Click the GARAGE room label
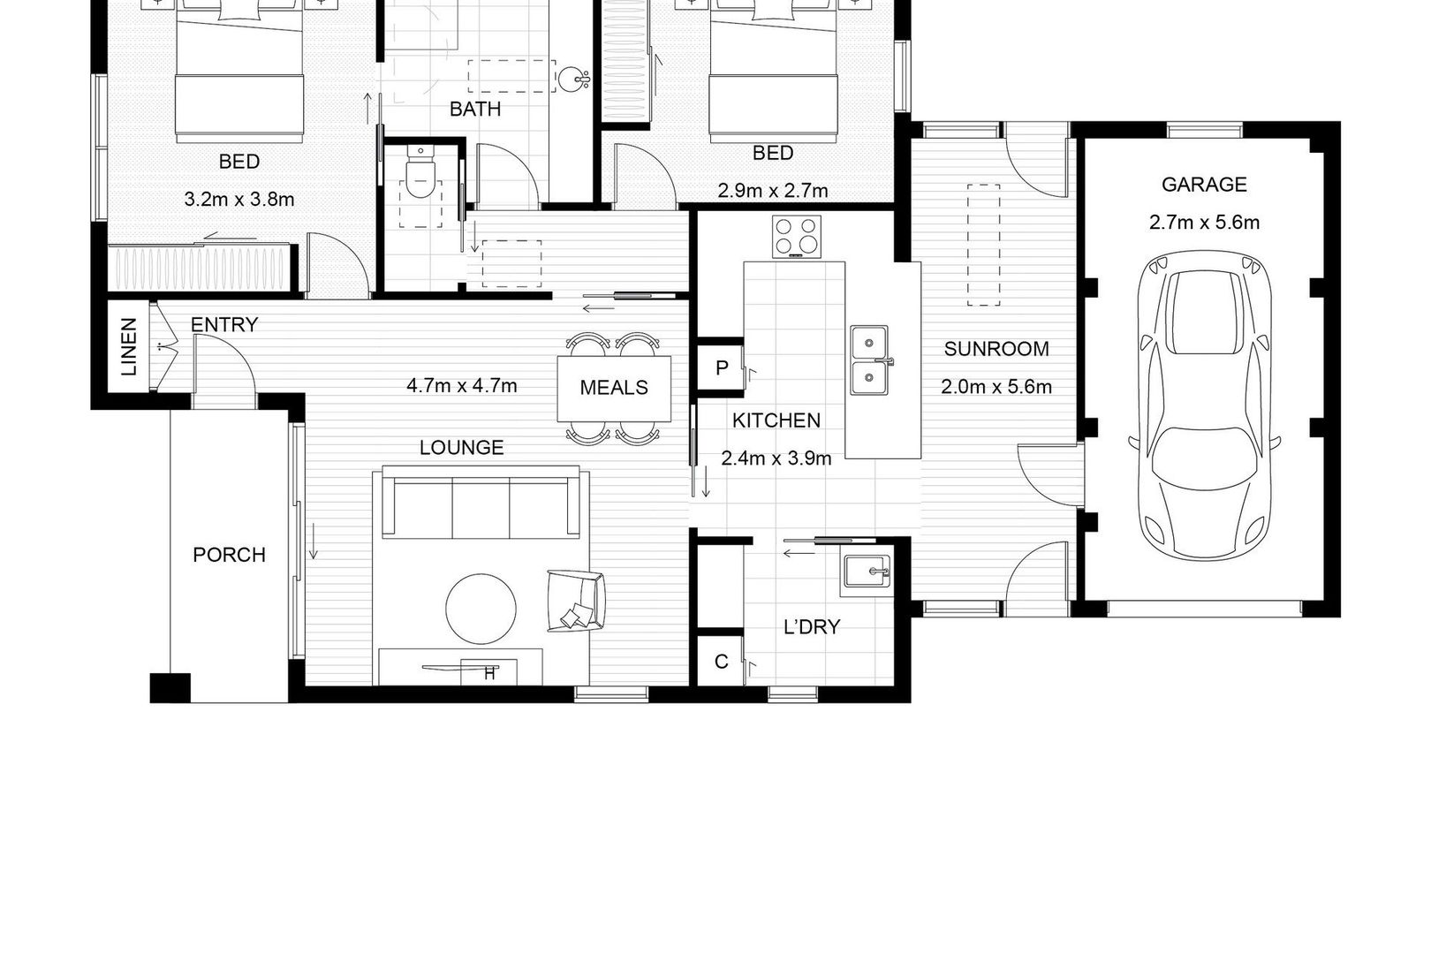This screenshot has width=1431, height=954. tap(1204, 185)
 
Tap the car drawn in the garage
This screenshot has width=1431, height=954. tap(1204, 405)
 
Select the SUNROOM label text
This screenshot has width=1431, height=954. tap(996, 349)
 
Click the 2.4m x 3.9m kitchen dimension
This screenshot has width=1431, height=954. tap(776, 458)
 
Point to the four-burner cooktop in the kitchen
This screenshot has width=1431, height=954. tap(797, 237)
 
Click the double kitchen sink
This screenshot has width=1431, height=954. tap(869, 360)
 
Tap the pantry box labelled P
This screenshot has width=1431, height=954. tap(721, 367)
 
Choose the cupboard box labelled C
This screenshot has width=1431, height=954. tap(721, 662)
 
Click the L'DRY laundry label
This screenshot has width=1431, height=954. tap(811, 627)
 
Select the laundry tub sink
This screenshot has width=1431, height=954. tap(867, 572)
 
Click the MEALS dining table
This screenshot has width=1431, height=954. tap(614, 389)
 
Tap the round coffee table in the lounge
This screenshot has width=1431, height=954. tap(481, 609)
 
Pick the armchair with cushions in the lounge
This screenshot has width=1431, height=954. tap(576, 602)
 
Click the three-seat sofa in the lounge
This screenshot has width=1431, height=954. tap(481, 503)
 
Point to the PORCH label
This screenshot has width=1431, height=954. tap(229, 555)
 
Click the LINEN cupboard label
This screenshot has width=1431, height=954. tap(128, 346)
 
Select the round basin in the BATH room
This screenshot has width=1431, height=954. tap(572, 79)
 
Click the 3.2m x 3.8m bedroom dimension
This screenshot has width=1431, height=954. tap(238, 200)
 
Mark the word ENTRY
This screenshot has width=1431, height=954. tap(224, 324)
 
